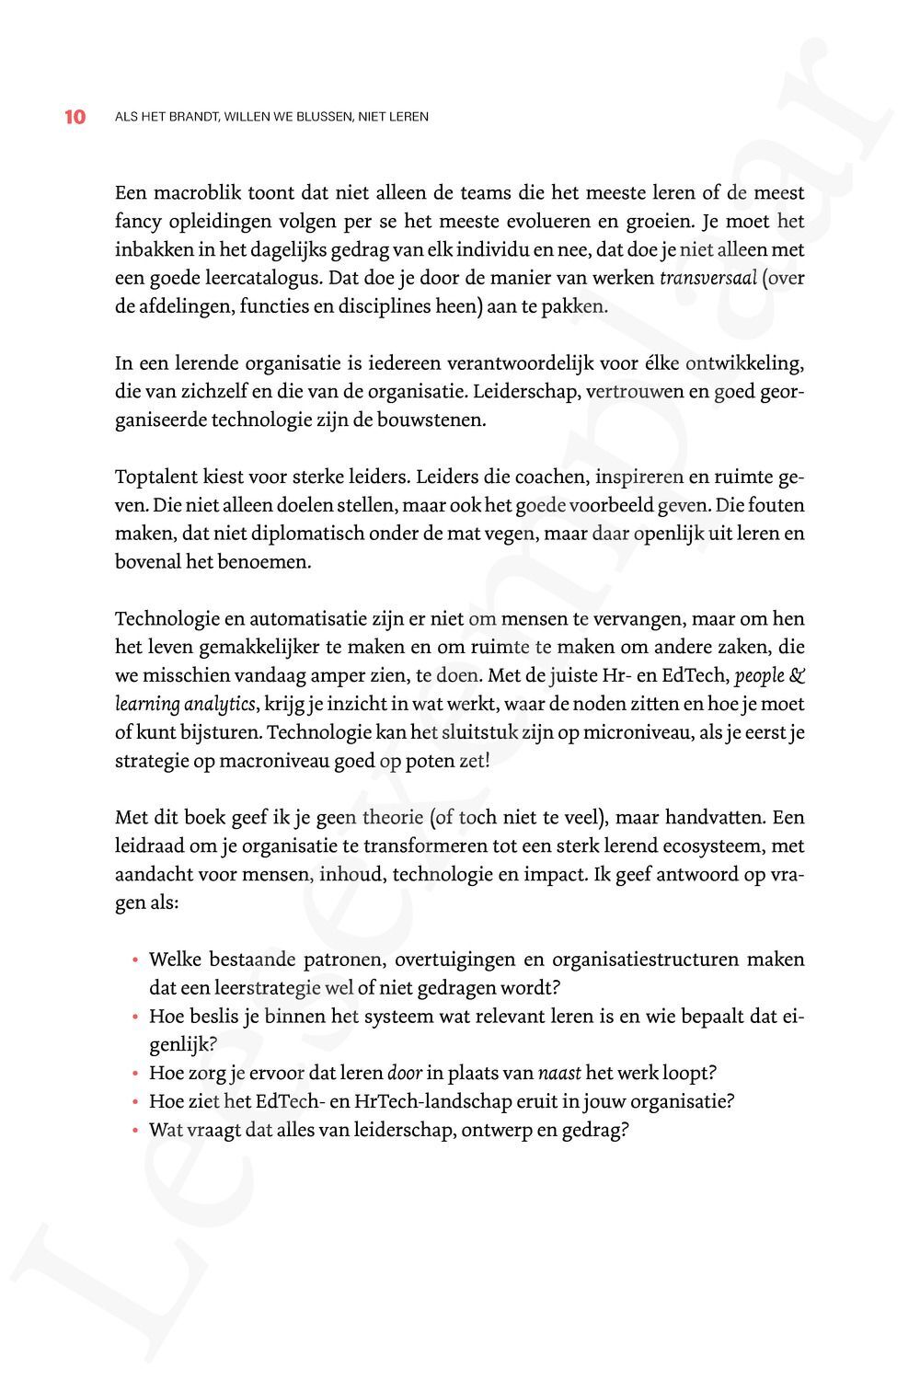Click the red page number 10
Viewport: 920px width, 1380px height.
75,117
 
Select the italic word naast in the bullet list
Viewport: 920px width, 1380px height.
558,1073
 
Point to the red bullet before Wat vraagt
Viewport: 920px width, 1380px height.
135,1131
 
